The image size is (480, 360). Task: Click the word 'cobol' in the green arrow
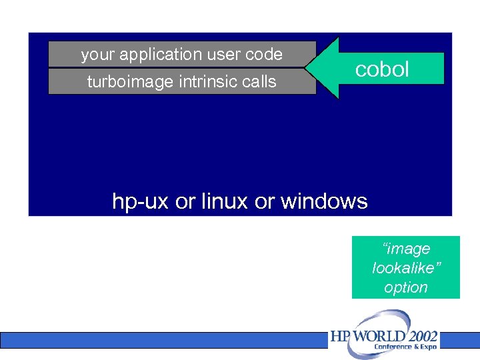(x=382, y=69)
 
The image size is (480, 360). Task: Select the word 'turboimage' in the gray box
(x=120, y=82)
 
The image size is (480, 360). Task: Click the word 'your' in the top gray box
(x=95, y=55)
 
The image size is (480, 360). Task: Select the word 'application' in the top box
(x=156, y=55)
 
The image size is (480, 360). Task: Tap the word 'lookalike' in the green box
(x=406, y=268)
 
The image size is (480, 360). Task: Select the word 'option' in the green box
(x=406, y=288)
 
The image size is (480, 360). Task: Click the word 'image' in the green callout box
(x=408, y=249)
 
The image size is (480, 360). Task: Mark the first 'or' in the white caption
(x=184, y=201)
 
